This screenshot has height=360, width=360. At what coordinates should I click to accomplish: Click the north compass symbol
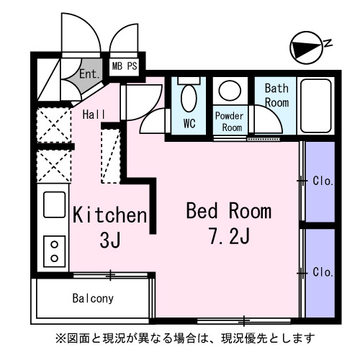(305, 48)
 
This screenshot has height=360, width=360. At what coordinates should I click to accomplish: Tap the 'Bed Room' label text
(229, 211)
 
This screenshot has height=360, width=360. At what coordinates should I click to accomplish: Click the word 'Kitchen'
(109, 215)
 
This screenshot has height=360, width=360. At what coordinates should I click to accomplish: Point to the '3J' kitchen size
(110, 241)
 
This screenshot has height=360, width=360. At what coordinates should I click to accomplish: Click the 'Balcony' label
(93, 297)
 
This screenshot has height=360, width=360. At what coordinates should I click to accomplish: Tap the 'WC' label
(189, 123)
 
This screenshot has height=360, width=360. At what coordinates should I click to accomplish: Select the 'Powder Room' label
(230, 121)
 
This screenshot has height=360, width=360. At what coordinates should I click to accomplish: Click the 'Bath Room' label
(276, 95)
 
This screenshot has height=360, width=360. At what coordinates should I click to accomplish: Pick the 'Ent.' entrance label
(89, 73)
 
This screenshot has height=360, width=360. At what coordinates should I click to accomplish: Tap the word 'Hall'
(94, 114)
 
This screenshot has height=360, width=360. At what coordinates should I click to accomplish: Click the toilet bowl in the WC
(189, 97)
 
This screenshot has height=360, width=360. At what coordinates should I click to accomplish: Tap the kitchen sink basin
(55, 204)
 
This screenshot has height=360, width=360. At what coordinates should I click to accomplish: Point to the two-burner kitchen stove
(55, 251)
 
